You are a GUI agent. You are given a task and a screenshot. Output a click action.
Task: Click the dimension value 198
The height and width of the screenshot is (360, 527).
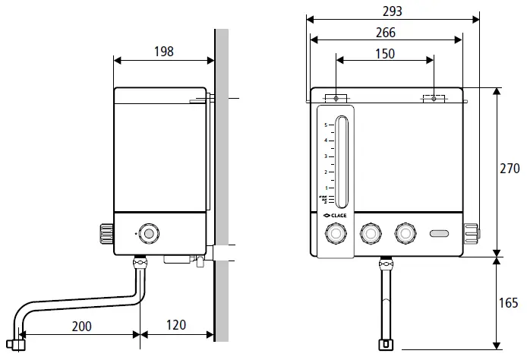pyautogui.click(x=163, y=52)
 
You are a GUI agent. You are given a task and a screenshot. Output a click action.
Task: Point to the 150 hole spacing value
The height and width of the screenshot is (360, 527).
pyautogui.click(x=384, y=54)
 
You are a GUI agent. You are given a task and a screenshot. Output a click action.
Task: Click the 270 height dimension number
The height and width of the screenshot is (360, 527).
pyautogui.click(x=511, y=171)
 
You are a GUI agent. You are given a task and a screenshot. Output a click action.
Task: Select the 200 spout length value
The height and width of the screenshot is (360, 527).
pyautogui.click(x=82, y=326)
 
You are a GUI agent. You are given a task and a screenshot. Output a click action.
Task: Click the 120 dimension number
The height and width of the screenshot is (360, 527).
pyautogui.click(x=175, y=326)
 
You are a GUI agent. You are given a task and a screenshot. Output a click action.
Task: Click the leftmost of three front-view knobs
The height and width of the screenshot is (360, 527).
pyautogui.click(x=334, y=234)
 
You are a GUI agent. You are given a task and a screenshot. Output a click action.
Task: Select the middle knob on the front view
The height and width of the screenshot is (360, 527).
pyautogui.click(x=371, y=234)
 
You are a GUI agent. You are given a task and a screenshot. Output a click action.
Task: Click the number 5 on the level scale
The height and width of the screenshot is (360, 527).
pyautogui.click(x=326, y=125)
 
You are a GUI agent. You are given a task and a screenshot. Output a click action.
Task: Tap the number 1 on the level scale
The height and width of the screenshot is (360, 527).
pyautogui.click(x=326, y=188)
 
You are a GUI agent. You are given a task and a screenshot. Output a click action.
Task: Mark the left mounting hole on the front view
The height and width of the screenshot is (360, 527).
pyautogui.click(x=336, y=98)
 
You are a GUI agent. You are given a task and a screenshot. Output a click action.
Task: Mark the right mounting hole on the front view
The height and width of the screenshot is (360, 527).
pyautogui.click(x=434, y=98)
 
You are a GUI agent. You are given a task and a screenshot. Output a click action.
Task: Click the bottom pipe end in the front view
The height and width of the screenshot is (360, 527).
pyautogui.click(x=387, y=346)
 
